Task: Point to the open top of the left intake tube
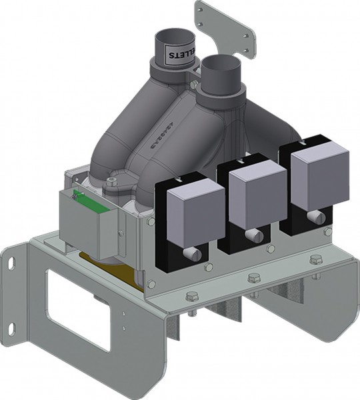pos(172,37)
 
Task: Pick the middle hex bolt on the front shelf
pos(253,279)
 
